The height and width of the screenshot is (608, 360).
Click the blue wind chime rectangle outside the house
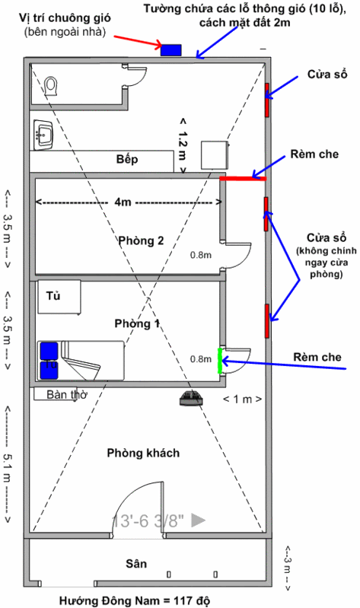pos(171,50)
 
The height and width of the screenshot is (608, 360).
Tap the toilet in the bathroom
pos(51,86)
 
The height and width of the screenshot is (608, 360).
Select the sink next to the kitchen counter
pos(43,135)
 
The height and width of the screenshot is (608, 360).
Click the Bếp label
pos(127,159)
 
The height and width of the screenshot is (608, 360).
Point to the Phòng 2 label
pos(141,240)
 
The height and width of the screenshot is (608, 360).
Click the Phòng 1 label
pos(137,323)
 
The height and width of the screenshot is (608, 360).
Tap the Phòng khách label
pos(143,453)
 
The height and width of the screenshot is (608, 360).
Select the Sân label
pos(136,563)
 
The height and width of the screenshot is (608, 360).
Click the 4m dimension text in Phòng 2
pos(123,202)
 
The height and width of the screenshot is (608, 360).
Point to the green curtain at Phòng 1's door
pos(220,361)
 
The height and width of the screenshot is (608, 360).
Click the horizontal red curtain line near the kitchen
pos(243,178)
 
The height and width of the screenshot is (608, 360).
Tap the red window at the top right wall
pos(267,100)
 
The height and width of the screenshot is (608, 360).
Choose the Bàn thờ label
pos(67,394)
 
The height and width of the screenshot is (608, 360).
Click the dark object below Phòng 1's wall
pos(192,398)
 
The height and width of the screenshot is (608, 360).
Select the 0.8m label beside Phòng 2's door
pos(201,255)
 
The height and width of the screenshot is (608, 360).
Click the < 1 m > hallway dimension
pos(242,399)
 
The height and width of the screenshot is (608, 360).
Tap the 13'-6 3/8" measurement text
pos(148,520)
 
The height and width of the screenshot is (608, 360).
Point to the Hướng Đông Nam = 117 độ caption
pos(135,600)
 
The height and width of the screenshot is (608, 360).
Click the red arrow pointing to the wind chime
pos(138,42)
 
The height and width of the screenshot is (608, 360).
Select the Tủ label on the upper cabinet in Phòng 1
pos(53,296)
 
